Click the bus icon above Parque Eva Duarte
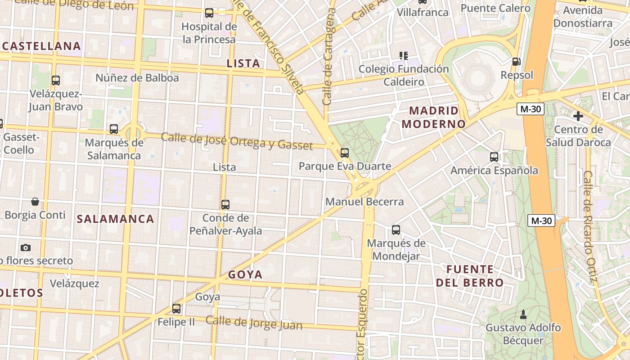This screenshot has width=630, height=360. tap(345, 153)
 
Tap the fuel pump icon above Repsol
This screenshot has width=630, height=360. tap(517, 61)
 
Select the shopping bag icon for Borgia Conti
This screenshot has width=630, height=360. tap(35, 201)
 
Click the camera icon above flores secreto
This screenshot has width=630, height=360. tap(26, 247)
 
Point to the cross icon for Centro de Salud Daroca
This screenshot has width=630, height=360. tap(578, 116)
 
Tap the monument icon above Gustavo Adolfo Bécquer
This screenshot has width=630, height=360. tap(523, 314)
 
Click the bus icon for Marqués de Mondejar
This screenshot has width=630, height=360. tap(396, 230)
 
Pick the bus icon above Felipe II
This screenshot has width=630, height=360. tap(176, 309)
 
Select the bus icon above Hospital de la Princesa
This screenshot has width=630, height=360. tap(209, 13)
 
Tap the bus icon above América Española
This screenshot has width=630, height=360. tap(494, 157)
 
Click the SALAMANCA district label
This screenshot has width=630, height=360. tap(116, 219)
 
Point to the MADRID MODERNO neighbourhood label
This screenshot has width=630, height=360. tap(434, 117)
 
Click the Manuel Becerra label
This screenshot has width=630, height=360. tap(364, 202)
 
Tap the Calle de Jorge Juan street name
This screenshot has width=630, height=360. tap(254, 323)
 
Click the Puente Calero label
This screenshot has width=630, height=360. tap(495, 8)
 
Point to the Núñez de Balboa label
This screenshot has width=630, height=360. tap(137, 78)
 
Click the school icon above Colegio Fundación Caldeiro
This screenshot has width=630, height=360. tap(404, 56)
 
